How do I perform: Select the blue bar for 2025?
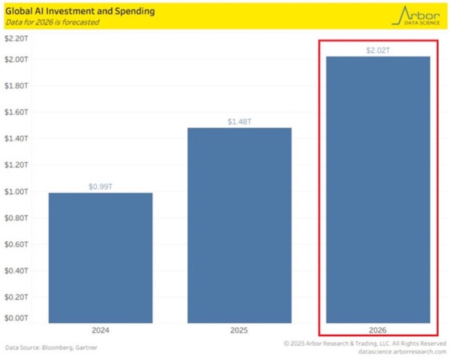(x=239, y=225)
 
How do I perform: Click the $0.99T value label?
(x=100, y=187)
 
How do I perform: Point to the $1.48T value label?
(x=239, y=122)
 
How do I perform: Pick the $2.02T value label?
(x=378, y=50)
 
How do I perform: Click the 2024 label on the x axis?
(x=100, y=330)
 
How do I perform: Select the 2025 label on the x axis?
(x=239, y=330)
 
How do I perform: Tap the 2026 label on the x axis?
(x=378, y=330)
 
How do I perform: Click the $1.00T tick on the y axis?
(x=16, y=192)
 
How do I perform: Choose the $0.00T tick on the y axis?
(x=16, y=318)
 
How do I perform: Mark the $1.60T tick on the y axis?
(x=16, y=112)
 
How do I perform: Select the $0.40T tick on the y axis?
(x=16, y=271)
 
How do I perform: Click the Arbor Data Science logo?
(x=416, y=16)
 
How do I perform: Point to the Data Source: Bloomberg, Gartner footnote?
(x=51, y=348)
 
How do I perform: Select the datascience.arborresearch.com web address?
(x=401, y=352)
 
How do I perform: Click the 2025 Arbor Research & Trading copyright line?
(x=365, y=343)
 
